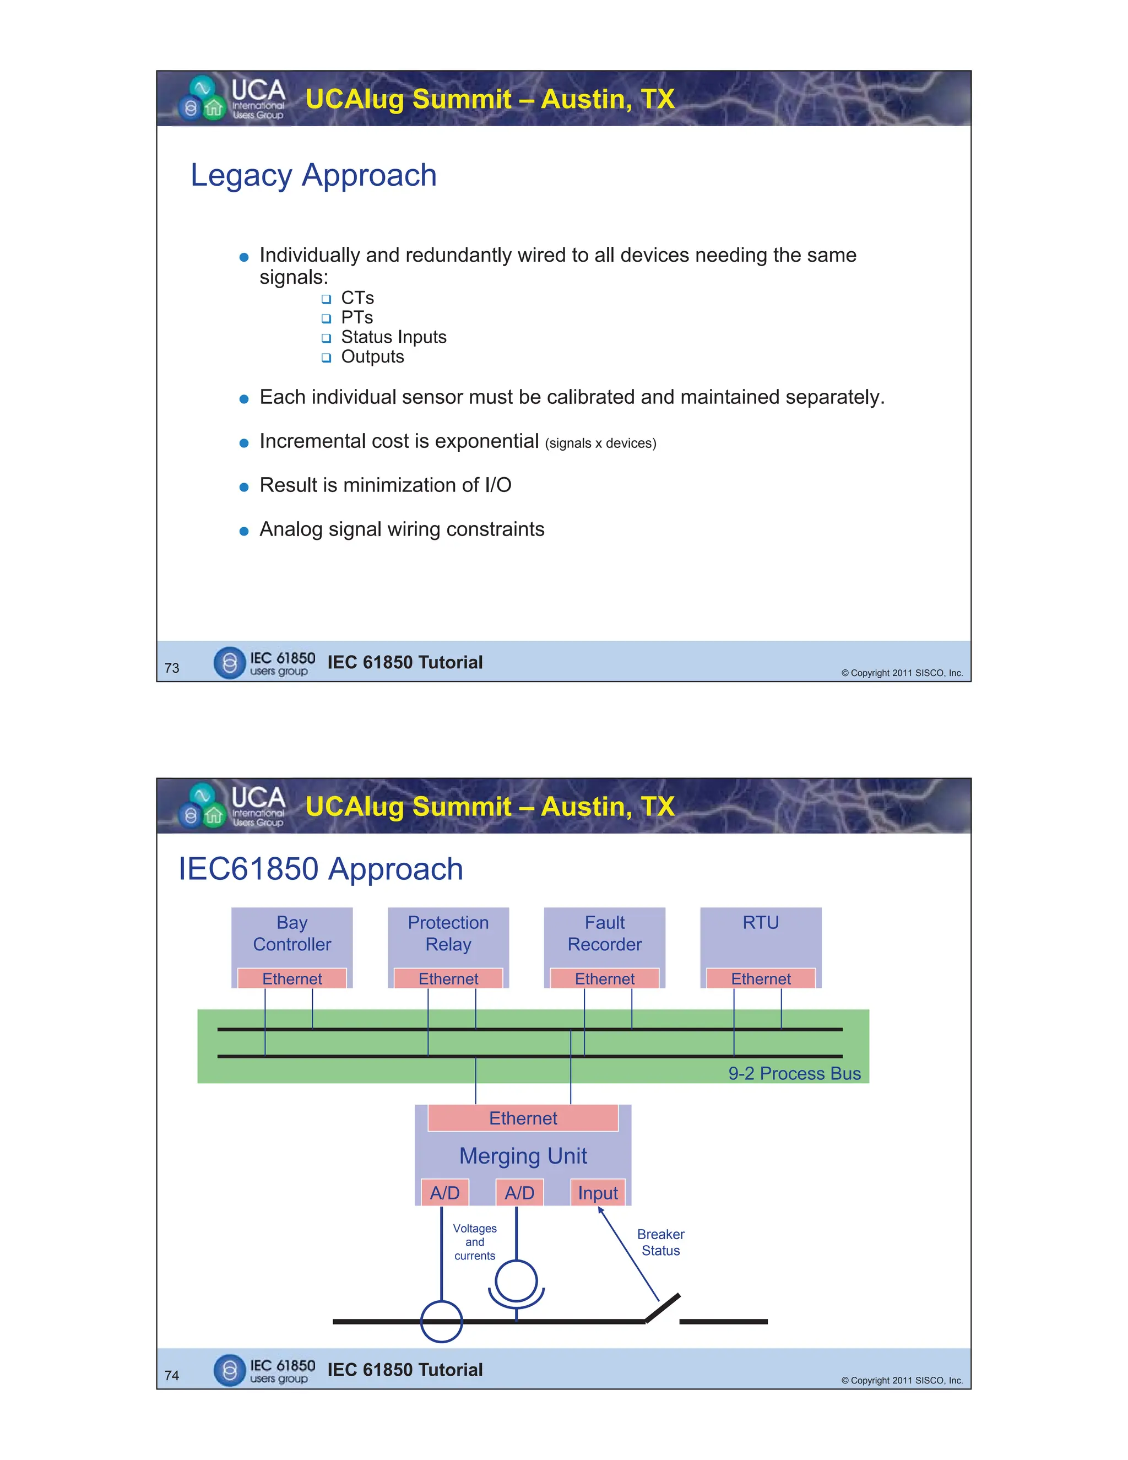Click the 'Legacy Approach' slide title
click(x=313, y=176)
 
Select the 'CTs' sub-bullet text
click(x=357, y=298)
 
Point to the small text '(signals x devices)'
click(x=600, y=443)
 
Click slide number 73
click(x=172, y=668)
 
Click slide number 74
click(x=172, y=1375)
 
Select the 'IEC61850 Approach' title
click(x=321, y=869)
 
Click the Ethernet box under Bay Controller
click(x=292, y=978)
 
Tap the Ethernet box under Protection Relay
click(x=448, y=978)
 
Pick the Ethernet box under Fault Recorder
click(x=605, y=978)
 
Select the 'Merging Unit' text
click(x=523, y=1156)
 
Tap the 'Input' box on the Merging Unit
click(x=598, y=1193)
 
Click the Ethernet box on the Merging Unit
click(x=523, y=1118)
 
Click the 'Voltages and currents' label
click(x=474, y=1241)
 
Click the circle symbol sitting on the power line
click(x=441, y=1321)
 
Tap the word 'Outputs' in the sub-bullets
click(x=372, y=356)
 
